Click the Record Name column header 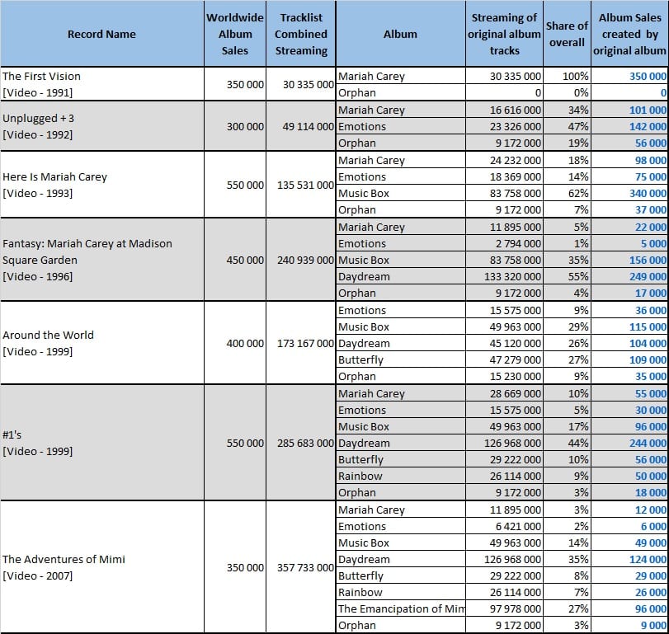coord(101,34)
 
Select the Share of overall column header coord(567,34)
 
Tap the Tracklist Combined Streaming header coord(301,34)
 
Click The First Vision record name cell coord(41,84)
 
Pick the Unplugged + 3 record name coord(38,126)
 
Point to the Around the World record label coord(48,343)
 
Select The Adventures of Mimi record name coord(64,567)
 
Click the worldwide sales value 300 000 coord(245,127)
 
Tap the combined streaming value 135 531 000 coord(305,185)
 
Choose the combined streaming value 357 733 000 coord(305,567)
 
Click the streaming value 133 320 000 coord(512,277)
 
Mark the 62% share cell coord(578,194)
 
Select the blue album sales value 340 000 coord(648,194)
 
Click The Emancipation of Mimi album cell coord(401,608)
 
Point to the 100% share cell coord(575,77)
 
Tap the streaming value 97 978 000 coord(515,608)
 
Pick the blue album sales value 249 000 coord(648,277)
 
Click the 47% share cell coord(578,127)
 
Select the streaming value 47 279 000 coord(515,359)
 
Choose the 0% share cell coord(581,93)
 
